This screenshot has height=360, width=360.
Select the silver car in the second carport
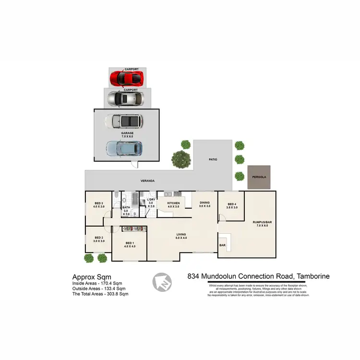[125, 98]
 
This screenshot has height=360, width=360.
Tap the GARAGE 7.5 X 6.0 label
[127, 134]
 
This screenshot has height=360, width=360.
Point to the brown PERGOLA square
[259, 177]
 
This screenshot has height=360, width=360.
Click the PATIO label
[214, 159]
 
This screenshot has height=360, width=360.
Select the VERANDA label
[147, 180]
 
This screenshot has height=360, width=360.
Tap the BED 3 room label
[99, 204]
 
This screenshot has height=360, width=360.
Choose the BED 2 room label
[99, 239]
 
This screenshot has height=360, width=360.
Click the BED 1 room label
[130, 244]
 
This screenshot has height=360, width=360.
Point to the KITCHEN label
[173, 204]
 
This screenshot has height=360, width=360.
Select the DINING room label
[205, 204]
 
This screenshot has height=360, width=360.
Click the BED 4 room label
[232, 206]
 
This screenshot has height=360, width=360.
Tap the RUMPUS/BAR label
[262, 223]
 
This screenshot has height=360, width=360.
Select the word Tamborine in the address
[313, 276]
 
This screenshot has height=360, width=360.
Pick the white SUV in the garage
[123, 121]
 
